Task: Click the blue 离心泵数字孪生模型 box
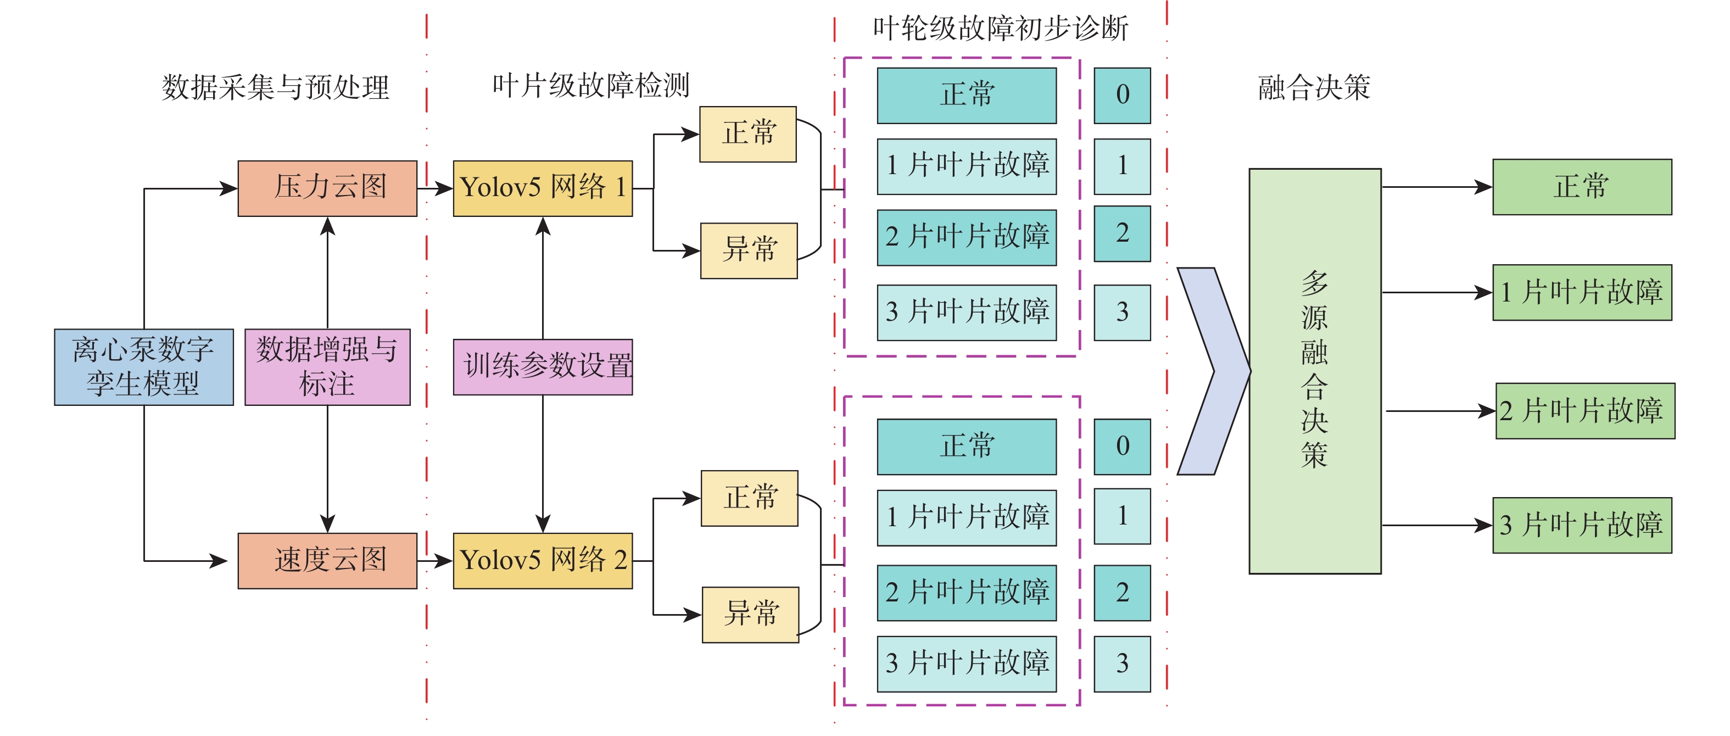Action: coord(144,367)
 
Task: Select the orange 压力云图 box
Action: coord(327,188)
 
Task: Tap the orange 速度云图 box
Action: coord(327,561)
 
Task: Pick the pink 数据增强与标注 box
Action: coord(327,367)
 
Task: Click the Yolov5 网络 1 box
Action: coord(543,188)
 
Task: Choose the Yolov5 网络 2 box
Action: coord(543,561)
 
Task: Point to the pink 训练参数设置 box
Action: coord(543,367)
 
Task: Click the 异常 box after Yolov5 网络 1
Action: coord(749,250)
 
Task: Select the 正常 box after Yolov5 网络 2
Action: coord(750,498)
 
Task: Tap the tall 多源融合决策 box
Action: coord(1314,371)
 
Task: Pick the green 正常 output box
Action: coord(1582,187)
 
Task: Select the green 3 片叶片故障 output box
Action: coord(1582,525)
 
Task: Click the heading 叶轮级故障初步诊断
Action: coord(1000,28)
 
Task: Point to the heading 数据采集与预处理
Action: coord(275,87)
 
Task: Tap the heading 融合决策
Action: coord(1314,87)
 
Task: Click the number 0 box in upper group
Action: coord(1121,96)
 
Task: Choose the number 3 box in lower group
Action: coord(1121,663)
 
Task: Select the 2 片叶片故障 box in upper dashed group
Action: coord(967,237)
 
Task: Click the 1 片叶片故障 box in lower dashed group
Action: coord(967,517)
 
